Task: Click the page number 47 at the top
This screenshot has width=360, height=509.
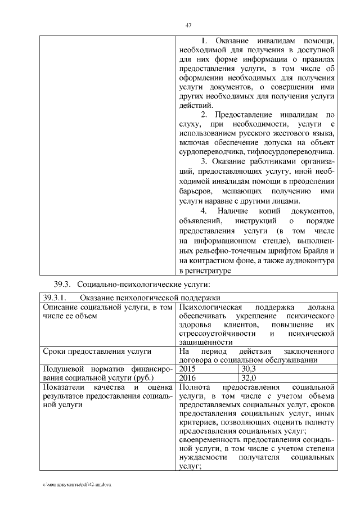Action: point(189,24)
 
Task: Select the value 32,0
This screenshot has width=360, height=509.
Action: point(248,378)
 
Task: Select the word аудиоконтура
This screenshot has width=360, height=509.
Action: point(310,261)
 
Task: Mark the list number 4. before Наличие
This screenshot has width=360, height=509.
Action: point(204,211)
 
